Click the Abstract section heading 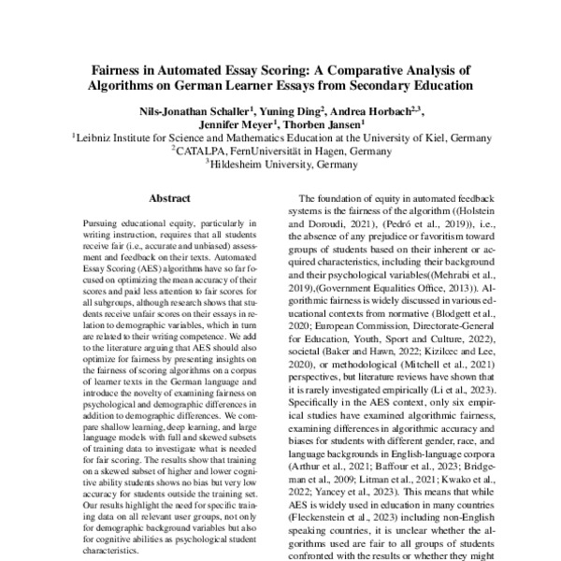click(169, 198)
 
